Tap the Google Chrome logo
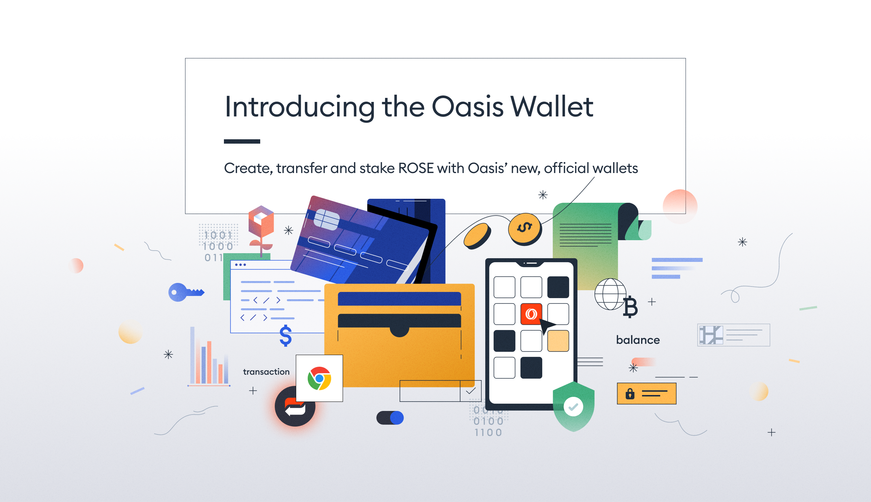pos(319,378)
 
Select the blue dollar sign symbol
pos(286,336)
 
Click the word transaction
pos(266,372)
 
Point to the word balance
pos(638,340)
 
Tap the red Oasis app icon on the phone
pos(531,314)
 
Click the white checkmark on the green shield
pos(573,407)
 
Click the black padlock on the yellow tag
pos(630,394)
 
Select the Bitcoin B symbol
pos(631,307)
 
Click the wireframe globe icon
pos(610,294)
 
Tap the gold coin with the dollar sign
pos(525,229)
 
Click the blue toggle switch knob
pos(397,418)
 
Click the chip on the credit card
pos(327,220)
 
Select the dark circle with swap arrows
pos(295,406)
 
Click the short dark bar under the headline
pos(242,141)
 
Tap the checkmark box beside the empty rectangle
pos(471,391)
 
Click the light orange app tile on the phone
pos(558,341)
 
